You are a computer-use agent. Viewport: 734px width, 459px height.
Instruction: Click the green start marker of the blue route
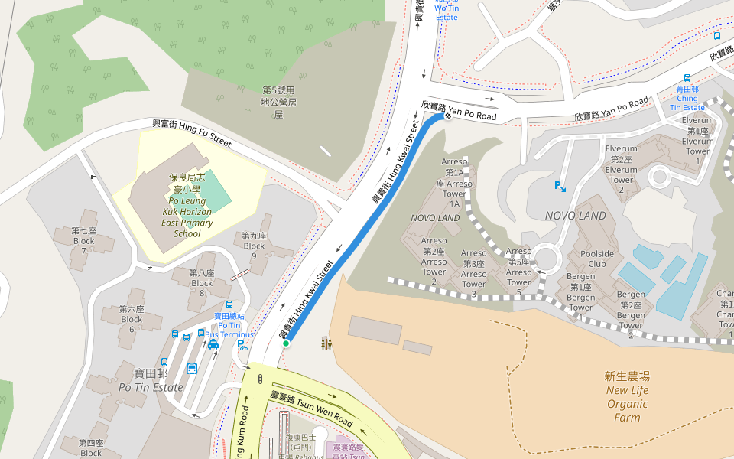[286, 344]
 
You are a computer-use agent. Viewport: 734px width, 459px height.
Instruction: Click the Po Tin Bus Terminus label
[229, 326]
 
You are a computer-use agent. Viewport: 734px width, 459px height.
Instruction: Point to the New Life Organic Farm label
[627, 396]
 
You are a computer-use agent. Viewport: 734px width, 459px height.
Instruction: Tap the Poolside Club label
[597, 259]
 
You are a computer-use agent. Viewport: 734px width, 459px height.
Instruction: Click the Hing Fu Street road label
[191, 132]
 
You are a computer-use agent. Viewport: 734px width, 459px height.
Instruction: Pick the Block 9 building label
[254, 241]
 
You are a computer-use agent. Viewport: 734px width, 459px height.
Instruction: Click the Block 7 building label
[84, 236]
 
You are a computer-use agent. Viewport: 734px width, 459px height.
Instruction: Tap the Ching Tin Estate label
[687, 98]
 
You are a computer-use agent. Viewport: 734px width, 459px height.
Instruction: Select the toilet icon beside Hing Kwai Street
[326, 344]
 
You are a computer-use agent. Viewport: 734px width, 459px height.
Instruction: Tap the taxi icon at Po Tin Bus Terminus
[213, 345]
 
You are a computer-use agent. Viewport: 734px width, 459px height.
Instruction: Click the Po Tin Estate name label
[151, 380]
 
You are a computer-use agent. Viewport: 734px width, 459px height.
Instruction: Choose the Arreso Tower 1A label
[455, 183]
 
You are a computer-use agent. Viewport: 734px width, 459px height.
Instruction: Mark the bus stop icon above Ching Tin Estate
[687, 78]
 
